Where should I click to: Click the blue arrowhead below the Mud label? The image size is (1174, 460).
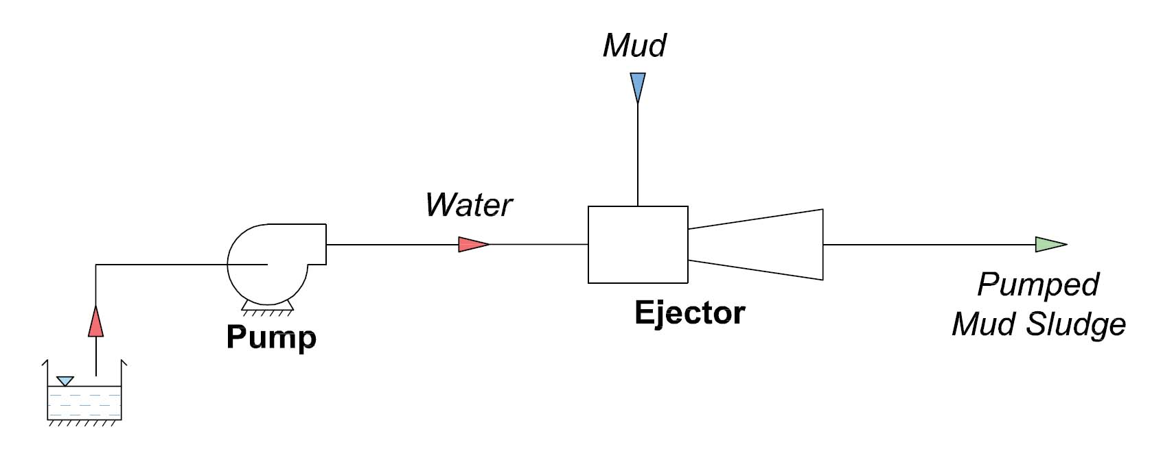point(637,87)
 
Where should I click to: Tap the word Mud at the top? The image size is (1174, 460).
point(634,46)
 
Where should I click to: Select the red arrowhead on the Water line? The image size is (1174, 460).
point(472,244)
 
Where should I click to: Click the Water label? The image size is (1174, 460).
point(469,205)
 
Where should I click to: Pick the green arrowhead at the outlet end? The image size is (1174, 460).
point(1050,244)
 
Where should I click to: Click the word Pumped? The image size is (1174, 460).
point(1038,285)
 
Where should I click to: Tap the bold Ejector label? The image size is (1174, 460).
point(689,313)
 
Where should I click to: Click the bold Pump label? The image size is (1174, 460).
point(271,337)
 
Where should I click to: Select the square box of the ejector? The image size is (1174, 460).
point(638,245)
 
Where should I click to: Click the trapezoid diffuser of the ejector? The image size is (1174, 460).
point(762,244)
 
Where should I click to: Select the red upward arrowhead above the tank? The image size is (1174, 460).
point(95,322)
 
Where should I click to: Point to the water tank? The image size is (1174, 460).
point(84,401)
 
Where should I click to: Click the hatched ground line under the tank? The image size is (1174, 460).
point(84,424)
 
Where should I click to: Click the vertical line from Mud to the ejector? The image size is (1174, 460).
point(638,154)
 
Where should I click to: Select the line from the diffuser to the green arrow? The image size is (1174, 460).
point(927,244)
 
